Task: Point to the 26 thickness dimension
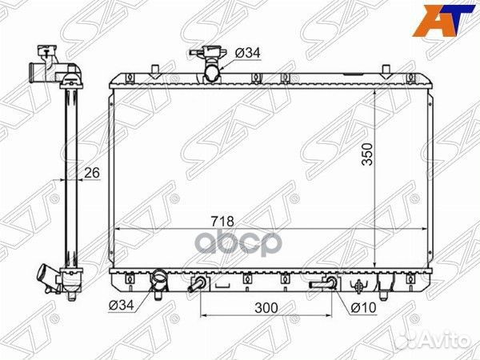pos(92,171)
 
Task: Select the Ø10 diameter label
pos(362,306)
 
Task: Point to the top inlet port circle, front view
pos(213,73)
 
